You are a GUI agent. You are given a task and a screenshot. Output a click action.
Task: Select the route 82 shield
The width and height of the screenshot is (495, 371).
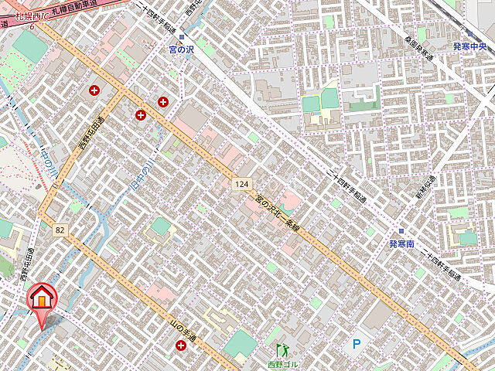(x=60, y=230)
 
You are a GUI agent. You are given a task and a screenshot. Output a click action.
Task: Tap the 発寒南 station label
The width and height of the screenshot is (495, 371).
(x=402, y=243)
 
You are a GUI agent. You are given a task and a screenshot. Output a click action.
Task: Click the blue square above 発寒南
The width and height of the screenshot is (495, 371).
(x=401, y=231)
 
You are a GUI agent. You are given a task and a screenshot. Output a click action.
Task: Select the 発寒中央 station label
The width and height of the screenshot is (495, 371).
(x=472, y=46)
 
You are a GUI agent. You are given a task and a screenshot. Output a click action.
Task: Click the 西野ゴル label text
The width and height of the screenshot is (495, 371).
(x=282, y=364)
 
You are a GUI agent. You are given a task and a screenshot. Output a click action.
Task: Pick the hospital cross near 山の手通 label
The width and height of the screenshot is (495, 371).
(x=181, y=347)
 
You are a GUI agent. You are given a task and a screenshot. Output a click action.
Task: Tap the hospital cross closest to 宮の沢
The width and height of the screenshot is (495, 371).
(x=163, y=101)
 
